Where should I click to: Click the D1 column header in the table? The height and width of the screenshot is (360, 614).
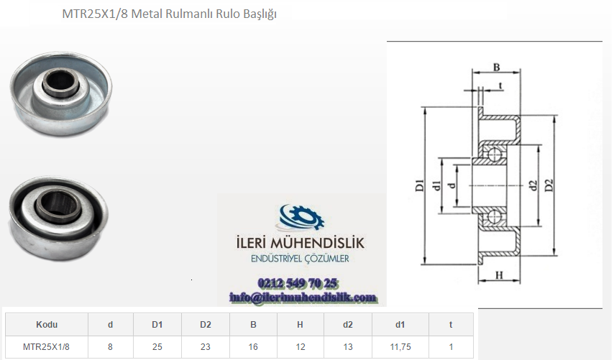157,324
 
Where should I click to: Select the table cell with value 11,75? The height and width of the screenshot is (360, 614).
400,346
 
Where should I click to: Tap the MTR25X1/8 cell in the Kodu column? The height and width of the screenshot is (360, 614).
46,346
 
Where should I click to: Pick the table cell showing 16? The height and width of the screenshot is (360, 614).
253,346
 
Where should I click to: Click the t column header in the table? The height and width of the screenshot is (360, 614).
451,324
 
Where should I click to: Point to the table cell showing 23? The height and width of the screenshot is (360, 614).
205,346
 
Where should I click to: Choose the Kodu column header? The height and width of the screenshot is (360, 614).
47,324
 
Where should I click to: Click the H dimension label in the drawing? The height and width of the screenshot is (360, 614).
499,275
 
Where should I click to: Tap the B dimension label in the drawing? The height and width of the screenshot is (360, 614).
497,68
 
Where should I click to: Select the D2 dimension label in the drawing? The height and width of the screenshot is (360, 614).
549,185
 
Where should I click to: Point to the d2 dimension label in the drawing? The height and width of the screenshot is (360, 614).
533,185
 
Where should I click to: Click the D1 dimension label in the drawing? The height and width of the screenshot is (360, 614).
419,185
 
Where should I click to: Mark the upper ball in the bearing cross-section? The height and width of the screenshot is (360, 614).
495,154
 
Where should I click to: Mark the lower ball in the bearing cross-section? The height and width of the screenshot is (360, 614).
495,216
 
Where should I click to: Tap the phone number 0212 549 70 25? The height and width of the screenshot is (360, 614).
298,283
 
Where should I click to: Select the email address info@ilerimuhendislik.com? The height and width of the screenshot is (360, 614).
303,297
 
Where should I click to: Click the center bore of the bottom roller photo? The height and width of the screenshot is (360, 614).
55,203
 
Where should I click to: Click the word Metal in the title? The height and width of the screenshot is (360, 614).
147,14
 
